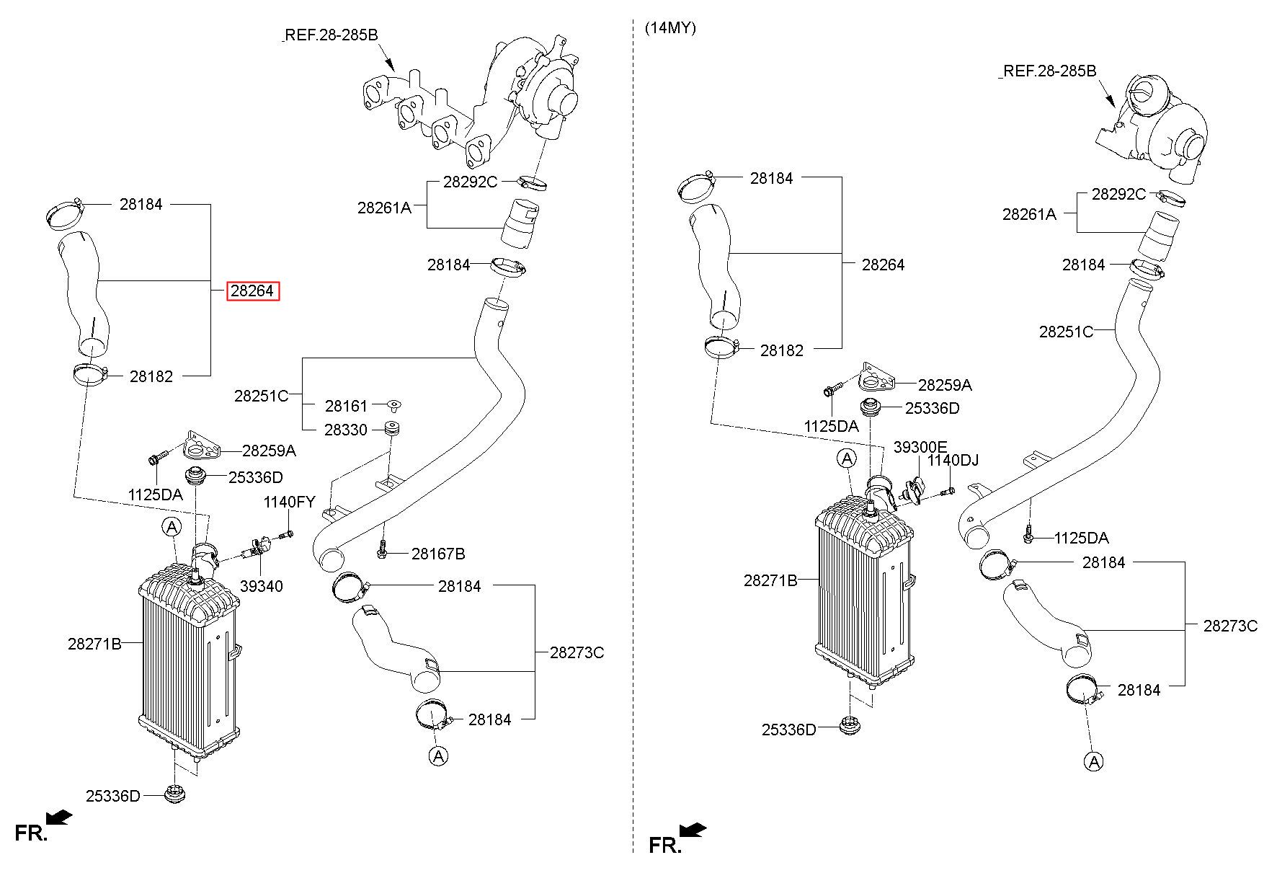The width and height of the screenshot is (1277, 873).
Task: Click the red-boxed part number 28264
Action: pos(252,291)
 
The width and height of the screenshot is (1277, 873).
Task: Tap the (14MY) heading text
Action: pos(670,29)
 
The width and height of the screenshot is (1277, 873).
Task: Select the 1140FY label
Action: pos(289,502)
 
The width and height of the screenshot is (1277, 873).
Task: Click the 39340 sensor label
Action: pos(262,587)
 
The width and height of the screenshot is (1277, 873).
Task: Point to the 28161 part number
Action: pos(346,407)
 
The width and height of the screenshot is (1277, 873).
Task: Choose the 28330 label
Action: pos(346,430)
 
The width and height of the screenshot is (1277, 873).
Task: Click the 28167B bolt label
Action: pos(438,554)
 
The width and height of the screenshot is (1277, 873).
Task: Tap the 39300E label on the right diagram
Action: pos(920,448)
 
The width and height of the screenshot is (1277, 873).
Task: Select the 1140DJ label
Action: pos(953,461)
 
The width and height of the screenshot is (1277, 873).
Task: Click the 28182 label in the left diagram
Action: pos(151,376)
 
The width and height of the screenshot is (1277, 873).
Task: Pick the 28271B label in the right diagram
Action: pos(770,580)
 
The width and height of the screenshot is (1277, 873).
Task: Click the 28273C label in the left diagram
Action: pos(577,653)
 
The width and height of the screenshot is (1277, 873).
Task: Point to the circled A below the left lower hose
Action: pos(438,755)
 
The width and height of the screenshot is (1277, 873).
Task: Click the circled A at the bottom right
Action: pos(1094,761)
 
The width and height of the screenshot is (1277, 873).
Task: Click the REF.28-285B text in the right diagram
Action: pos(1050,71)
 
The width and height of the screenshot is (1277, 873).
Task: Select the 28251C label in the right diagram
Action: pos(1066,332)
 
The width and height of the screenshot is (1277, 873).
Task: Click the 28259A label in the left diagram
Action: pos(269,451)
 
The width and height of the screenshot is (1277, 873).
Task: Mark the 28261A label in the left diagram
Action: pos(384,208)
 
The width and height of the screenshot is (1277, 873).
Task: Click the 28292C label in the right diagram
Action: pos(1118,195)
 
